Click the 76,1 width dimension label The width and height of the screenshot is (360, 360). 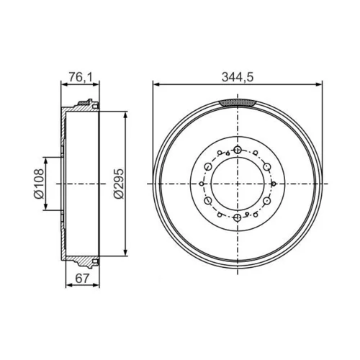80,77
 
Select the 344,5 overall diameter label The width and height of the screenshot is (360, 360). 238,77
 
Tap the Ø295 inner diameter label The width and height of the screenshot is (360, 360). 119,184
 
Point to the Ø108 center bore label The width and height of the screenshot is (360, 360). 39,184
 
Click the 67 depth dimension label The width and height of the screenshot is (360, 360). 82,278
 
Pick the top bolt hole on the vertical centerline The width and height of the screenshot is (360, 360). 238,150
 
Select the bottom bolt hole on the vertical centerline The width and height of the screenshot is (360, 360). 238,217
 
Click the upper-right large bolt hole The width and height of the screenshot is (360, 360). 267,166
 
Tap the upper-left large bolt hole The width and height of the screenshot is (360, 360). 208,166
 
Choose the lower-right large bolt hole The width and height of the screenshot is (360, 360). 267,201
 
